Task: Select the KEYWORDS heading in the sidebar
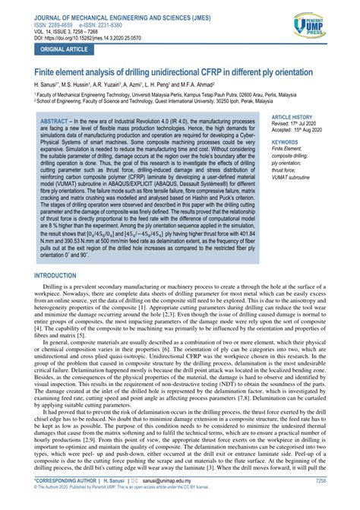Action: point(286,141)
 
